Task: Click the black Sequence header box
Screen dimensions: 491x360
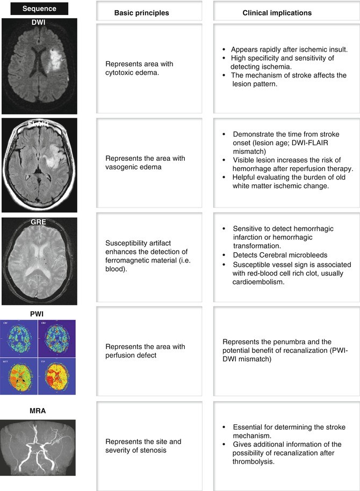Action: point(35,9)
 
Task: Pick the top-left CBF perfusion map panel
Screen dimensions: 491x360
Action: point(19,337)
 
